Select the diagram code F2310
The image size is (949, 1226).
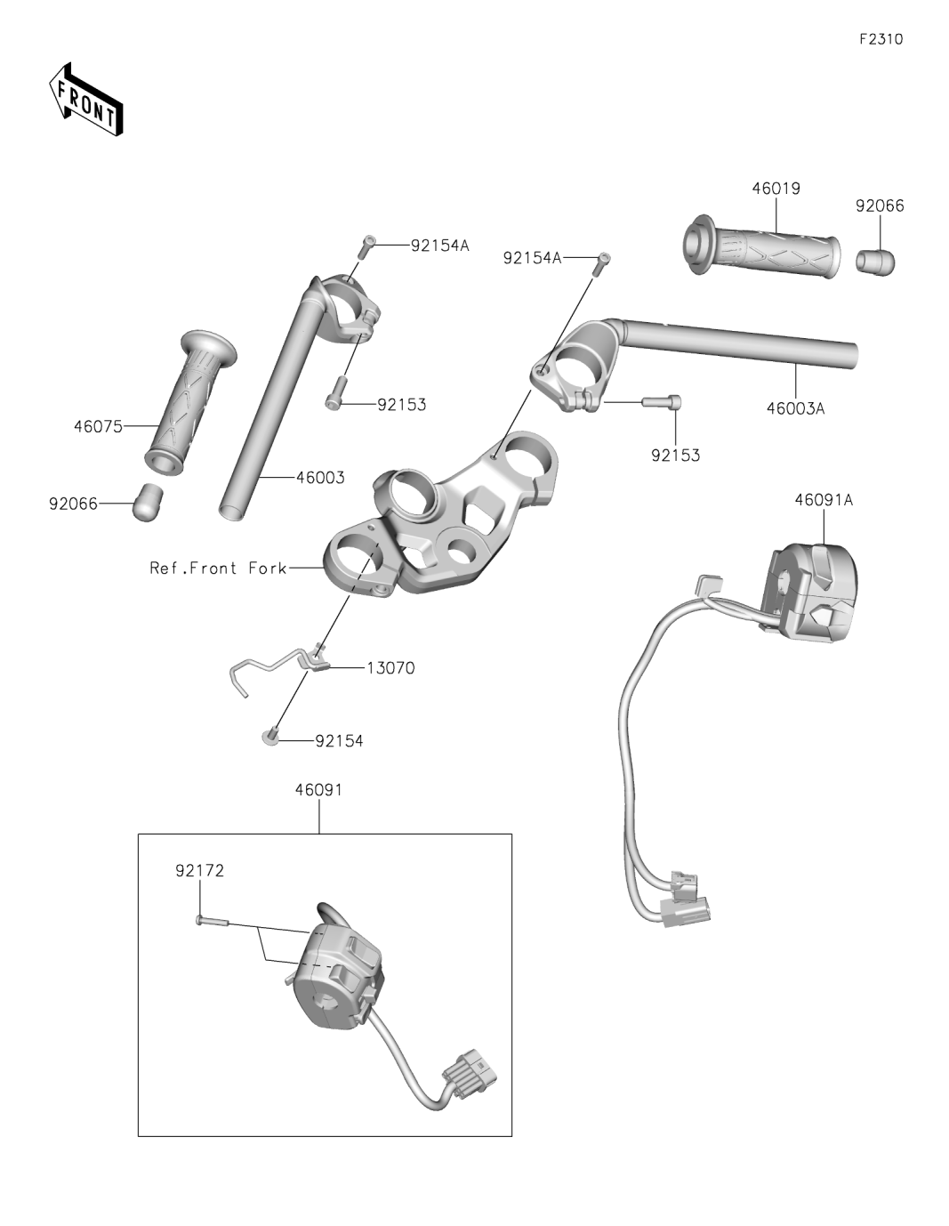pyautogui.click(x=881, y=39)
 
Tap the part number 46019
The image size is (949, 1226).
pyautogui.click(x=776, y=189)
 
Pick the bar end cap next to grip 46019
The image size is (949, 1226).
pyautogui.click(x=875, y=262)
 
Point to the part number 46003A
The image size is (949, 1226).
pyautogui.click(x=795, y=409)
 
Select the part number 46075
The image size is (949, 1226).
pyautogui.click(x=98, y=426)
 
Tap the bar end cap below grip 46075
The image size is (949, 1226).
pyautogui.click(x=148, y=503)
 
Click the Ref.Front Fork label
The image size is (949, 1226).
pyautogui.click(x=218, y=568)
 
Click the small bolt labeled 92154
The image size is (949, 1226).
pyautogui.click(x=270, y=736)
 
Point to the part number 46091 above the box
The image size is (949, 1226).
pyautogui.click(x=318, y=789)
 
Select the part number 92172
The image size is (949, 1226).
pyautogui.click(x=199, y=871)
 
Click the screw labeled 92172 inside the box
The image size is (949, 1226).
pyautogui.click(x=212, y=922)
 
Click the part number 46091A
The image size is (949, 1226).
pyautogui.click(x=823, y=500)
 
